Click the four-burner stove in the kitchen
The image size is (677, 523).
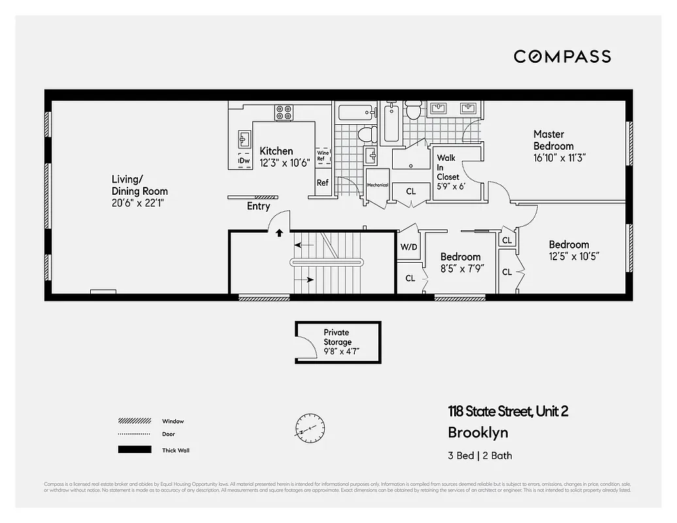click(284, 112)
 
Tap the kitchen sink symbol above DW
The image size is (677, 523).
click(244, 139)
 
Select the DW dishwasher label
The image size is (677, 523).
click(244, 161)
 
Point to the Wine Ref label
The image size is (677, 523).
click(323, 156)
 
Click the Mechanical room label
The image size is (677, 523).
click(377, 185)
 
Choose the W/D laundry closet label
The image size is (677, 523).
click(408, 248)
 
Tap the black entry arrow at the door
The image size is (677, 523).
click(280, 232)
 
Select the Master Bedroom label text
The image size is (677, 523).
click(553, 140)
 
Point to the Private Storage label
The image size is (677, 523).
click(337, 337)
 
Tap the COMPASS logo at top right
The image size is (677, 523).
click(562, 56)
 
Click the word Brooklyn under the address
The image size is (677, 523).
click(478, 433)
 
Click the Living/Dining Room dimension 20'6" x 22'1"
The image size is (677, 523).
click(140, 203)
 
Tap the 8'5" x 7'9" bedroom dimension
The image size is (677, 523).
click(460, 268)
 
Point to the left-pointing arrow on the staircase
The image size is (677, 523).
click(301, 245)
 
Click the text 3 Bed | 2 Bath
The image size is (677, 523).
click(480, 456)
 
